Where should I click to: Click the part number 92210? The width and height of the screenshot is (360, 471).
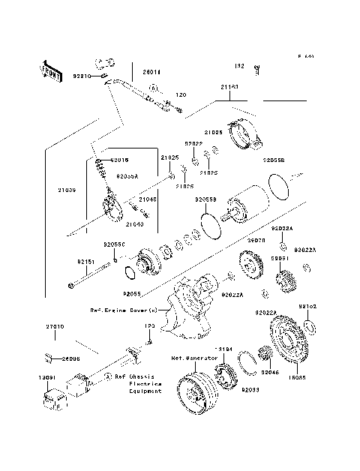click(x=82, y=76)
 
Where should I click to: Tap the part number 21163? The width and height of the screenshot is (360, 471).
click(x=229, y=87)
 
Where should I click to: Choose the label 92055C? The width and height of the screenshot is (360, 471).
click(x=114, y=244)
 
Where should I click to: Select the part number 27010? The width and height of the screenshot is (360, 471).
click(x=55, y=327)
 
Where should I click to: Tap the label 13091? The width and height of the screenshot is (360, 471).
click(x=48, y=377)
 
